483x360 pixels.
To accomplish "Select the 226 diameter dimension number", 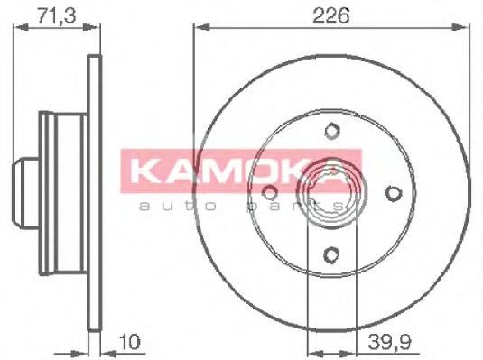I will [331, 14].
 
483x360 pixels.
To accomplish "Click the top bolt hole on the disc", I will [331, 132].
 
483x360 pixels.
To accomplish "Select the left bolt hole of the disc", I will [269, 192].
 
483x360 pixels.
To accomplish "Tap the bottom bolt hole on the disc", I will [331, 254].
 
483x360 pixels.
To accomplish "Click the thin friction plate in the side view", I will [93, 192].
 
